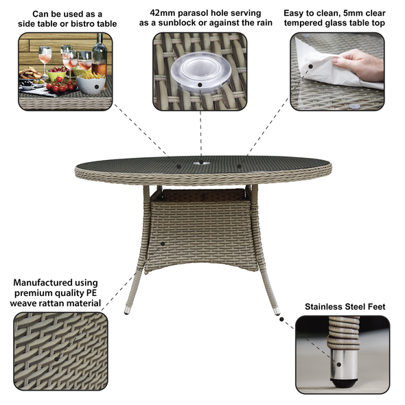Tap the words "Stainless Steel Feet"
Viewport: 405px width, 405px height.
coord(345,306)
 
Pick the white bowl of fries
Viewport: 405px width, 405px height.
coord(91,83)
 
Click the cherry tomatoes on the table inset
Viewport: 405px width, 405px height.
coord(60,87)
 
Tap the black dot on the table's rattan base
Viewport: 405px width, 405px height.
coord(163,242)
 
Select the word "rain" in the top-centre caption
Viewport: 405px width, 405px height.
coord(253,23)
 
